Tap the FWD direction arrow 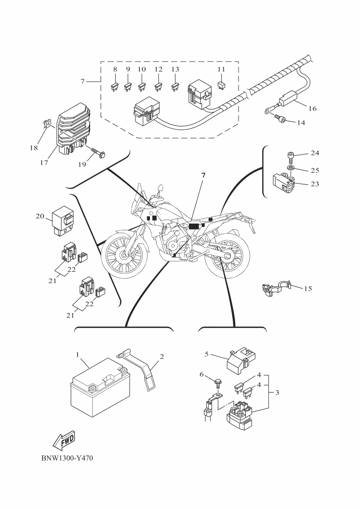click(63, 440)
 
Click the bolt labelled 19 click(99, 154)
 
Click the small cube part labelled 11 click(221, 85)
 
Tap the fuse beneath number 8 click(115, 88)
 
